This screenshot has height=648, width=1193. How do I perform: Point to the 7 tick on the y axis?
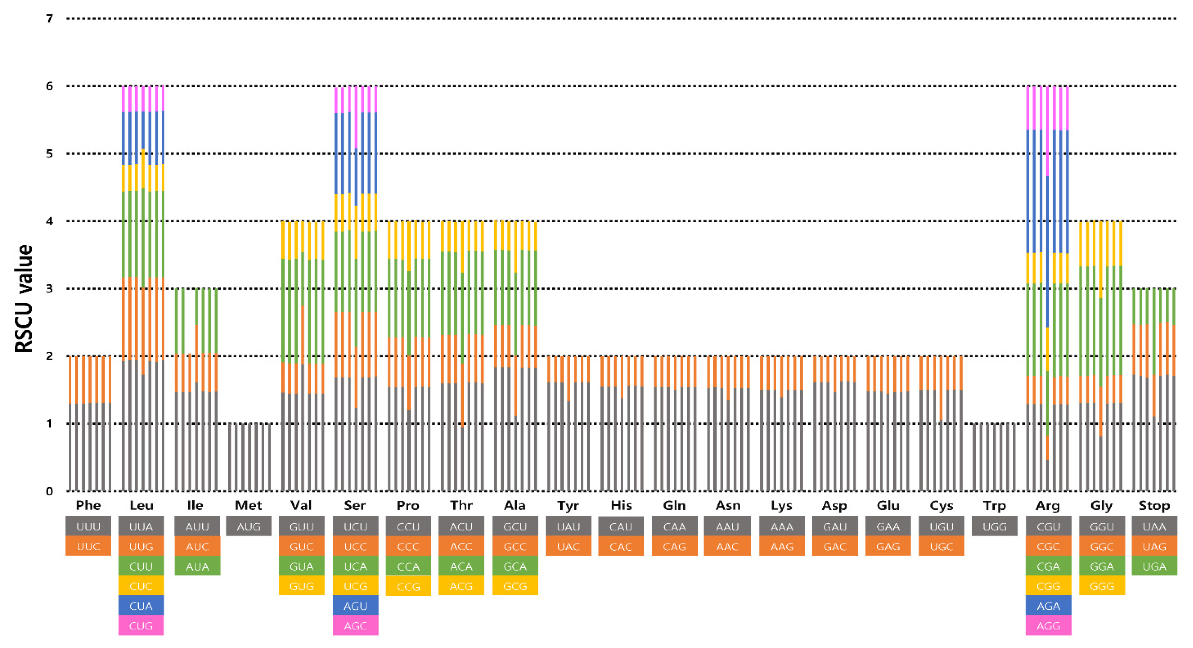pos(49,19)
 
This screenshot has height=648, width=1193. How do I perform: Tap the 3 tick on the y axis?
pos(49,289)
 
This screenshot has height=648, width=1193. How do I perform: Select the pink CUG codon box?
pos(141,626)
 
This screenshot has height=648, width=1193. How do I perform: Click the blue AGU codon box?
pos(355,606)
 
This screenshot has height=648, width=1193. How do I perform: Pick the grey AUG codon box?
pos(248,526)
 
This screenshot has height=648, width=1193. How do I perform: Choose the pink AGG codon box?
pos(1048,626)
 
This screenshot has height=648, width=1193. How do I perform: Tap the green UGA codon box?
pos(1154,566)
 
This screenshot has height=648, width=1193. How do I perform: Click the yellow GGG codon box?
pos(1102,586)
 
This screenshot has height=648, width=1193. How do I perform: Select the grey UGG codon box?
pos(994,526)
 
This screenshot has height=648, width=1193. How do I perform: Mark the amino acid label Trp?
pos(994,505)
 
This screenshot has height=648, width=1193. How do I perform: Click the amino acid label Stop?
pos(1154,505)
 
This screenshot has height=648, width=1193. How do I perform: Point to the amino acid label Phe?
pos(88,505)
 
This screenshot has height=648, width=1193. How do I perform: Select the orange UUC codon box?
pos(88,547)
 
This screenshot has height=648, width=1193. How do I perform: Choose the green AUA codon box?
pos(197,566)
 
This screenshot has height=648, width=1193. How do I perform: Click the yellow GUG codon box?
pos(301,586)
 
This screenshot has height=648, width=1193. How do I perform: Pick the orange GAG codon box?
pos(888,547)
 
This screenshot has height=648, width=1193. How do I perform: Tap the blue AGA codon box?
pos(1048,606)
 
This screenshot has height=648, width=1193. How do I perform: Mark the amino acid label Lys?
pos(781,505)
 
